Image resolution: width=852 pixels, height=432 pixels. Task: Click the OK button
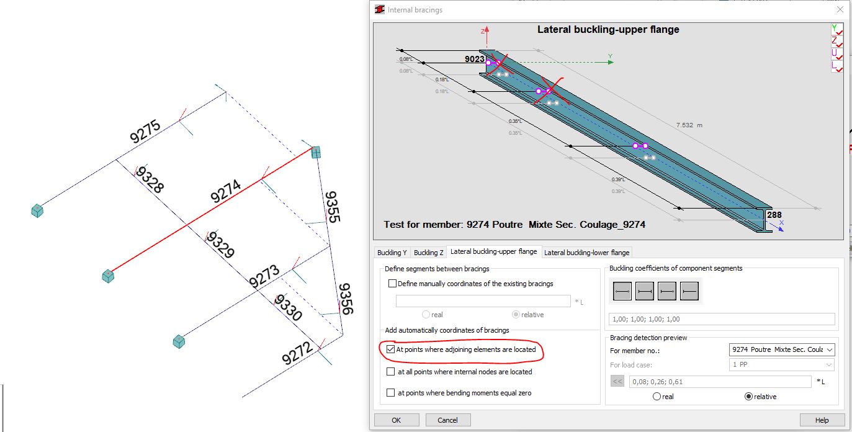[x=396, y=420]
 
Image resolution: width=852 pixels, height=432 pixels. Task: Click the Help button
[x=822, y=420]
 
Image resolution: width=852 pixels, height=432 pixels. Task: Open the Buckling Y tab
[x=392, y=252]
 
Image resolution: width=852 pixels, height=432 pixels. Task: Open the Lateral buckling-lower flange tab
[x=586, y=252]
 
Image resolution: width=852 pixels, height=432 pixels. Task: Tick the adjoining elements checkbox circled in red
[x=391, y=349]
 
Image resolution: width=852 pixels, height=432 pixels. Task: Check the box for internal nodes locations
[x=391, y=372]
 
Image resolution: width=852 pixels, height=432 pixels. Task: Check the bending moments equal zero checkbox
[x=391, y=393]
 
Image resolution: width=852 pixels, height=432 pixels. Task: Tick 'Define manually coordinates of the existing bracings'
[x=392, y=284]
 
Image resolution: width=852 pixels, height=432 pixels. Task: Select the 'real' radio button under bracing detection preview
[x=657, y=397]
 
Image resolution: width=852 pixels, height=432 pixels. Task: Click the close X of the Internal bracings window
[x=840, y=9]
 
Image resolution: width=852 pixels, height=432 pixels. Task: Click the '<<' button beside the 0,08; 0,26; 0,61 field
[x=617, y=382]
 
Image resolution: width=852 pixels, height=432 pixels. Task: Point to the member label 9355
[x=331, y=206]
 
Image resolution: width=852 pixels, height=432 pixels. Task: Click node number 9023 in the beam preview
[x=475, y=60]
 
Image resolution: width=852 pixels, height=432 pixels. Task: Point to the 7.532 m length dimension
[x=689, y=125]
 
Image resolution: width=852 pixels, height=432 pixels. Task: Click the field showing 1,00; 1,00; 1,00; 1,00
[x=722, y=319]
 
